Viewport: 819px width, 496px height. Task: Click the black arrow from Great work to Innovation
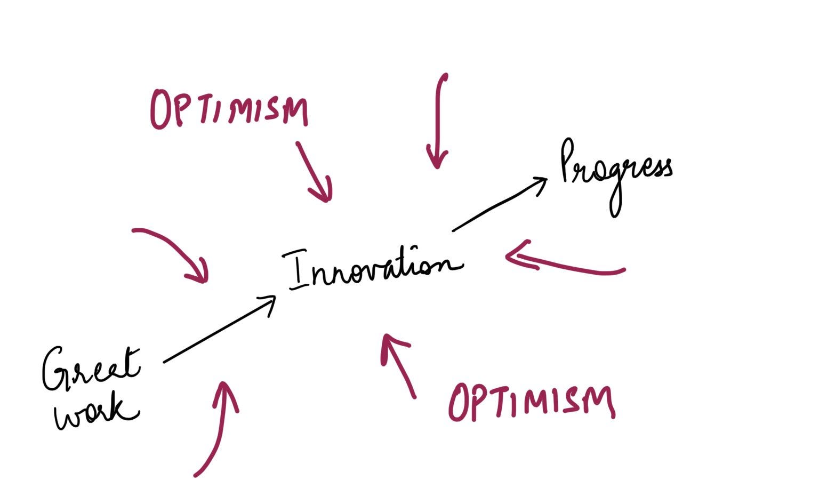click(219, 330)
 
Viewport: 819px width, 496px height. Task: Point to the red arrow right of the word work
click(218, 427)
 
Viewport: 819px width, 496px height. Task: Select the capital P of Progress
click(568, 160)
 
